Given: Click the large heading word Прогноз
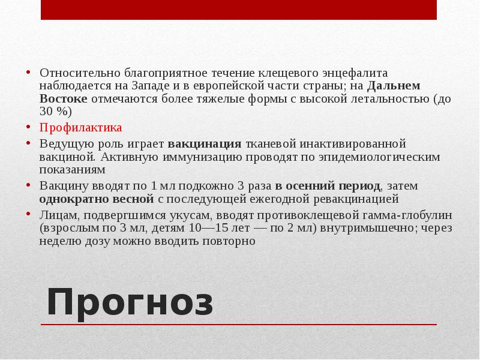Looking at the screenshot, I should tap(130, 302).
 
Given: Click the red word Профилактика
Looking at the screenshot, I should tap(81, 128).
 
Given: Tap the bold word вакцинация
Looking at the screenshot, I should tap(205, 144).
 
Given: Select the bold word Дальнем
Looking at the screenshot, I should tap(394, 86).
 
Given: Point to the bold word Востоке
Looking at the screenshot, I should tap(64, 99).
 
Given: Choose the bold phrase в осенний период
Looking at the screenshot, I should tap(328, 185).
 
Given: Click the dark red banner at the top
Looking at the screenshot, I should tap(239, 10).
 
